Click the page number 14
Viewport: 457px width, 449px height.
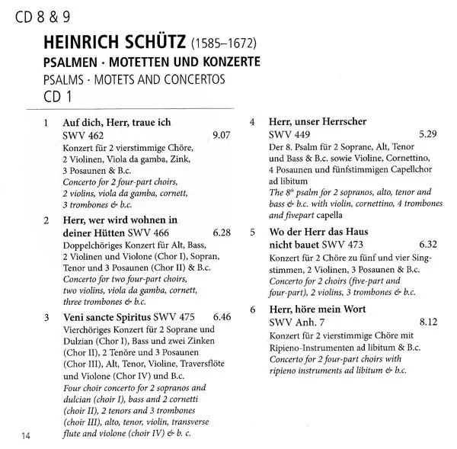26,435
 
